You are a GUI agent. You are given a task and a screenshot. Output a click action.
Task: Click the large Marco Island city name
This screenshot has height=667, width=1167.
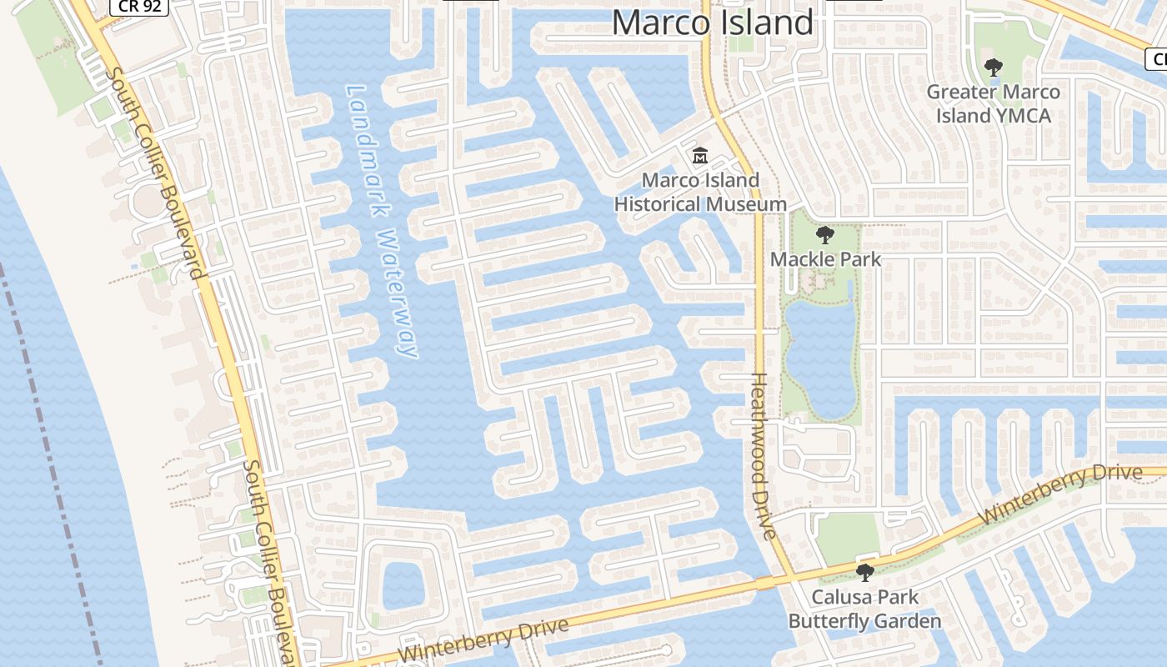pyautogui.click(x=713, y=23)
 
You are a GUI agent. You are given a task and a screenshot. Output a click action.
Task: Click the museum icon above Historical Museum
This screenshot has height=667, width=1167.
pyautogui.click(x=699, y=156)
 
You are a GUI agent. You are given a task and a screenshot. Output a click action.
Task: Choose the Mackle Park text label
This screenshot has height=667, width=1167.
pyautogui.click(x=825, y=259)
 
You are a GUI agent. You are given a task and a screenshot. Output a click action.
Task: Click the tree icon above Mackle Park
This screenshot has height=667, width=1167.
pyautogui.click(x=825, y=235)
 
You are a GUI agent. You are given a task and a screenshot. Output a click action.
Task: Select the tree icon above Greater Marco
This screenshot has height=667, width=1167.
pyautogui.click(x=993, y=68)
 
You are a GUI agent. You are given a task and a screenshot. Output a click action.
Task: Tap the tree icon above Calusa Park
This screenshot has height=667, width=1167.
pyautogui.click(x=865, y=573)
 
